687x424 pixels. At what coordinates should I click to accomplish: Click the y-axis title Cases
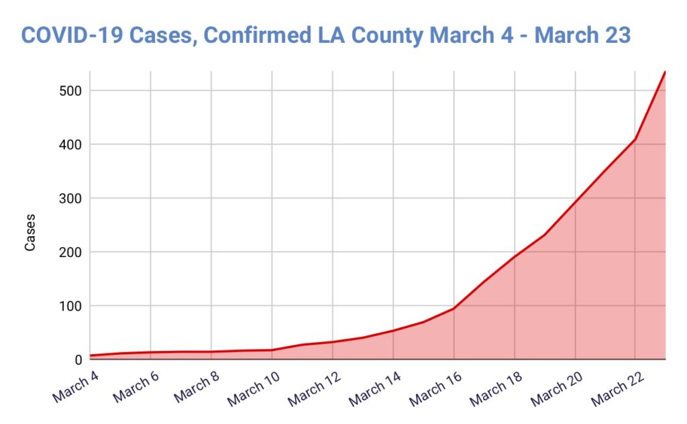coord(30,233)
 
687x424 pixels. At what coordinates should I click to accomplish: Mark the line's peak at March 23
coord(665,71)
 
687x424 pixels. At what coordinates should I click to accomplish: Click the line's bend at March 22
coord(635,139)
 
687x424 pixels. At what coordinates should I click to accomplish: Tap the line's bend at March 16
coord(454,309)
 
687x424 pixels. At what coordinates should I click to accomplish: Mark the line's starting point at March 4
coord(90,356)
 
